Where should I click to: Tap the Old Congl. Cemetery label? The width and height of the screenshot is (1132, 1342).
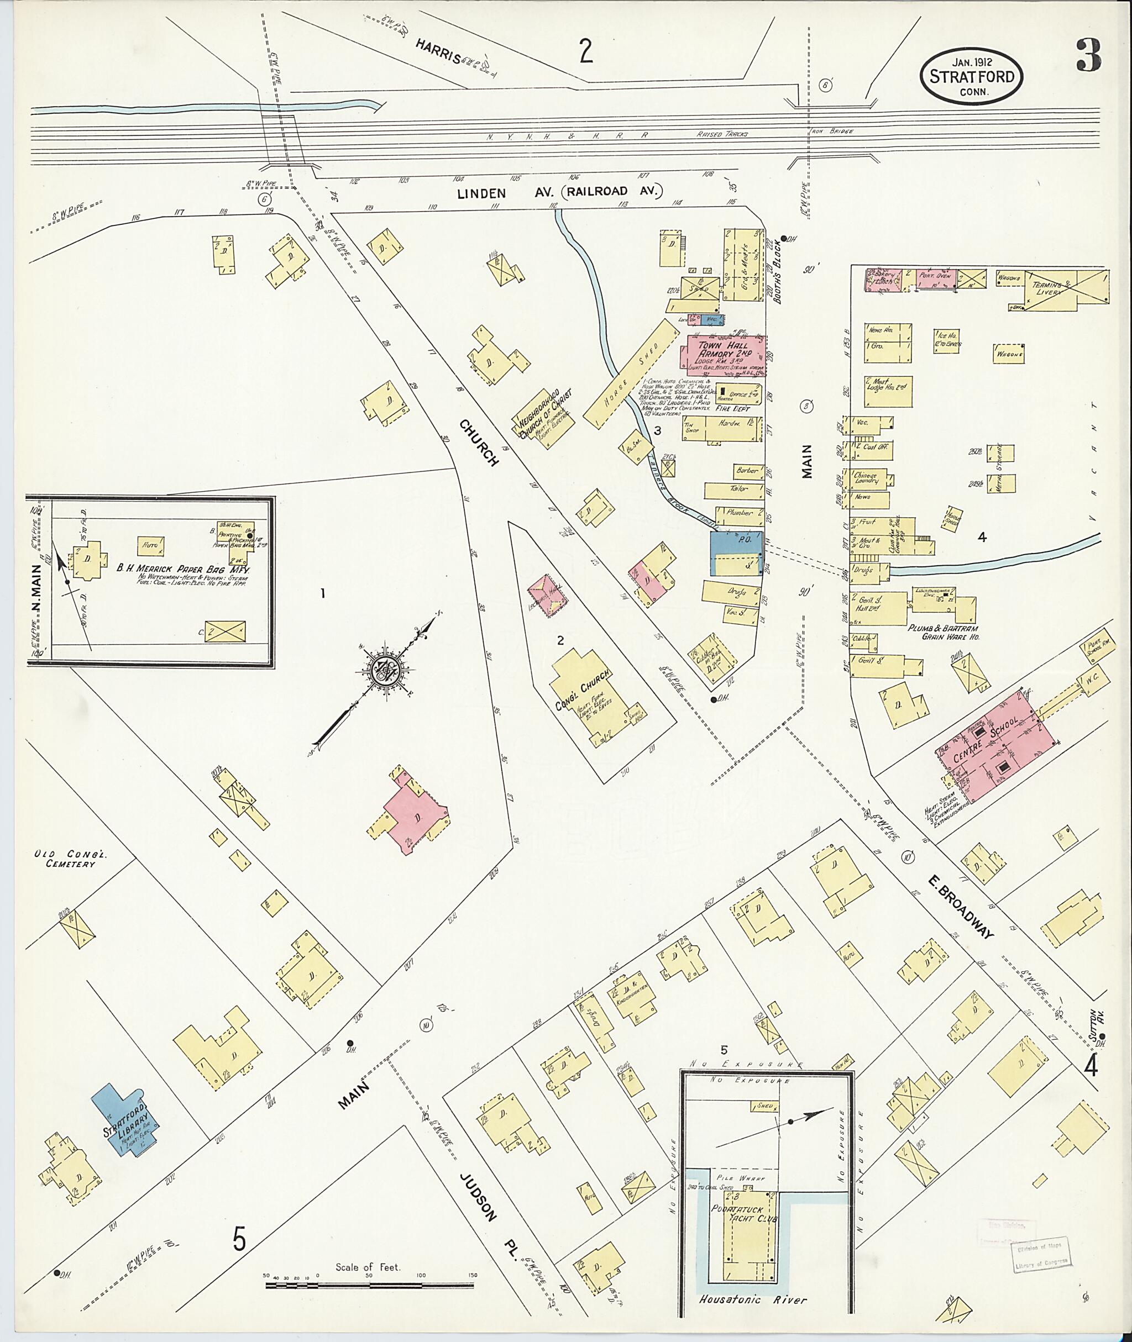(64, 859)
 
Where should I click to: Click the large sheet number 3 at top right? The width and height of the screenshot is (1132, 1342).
(1088, 56)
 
